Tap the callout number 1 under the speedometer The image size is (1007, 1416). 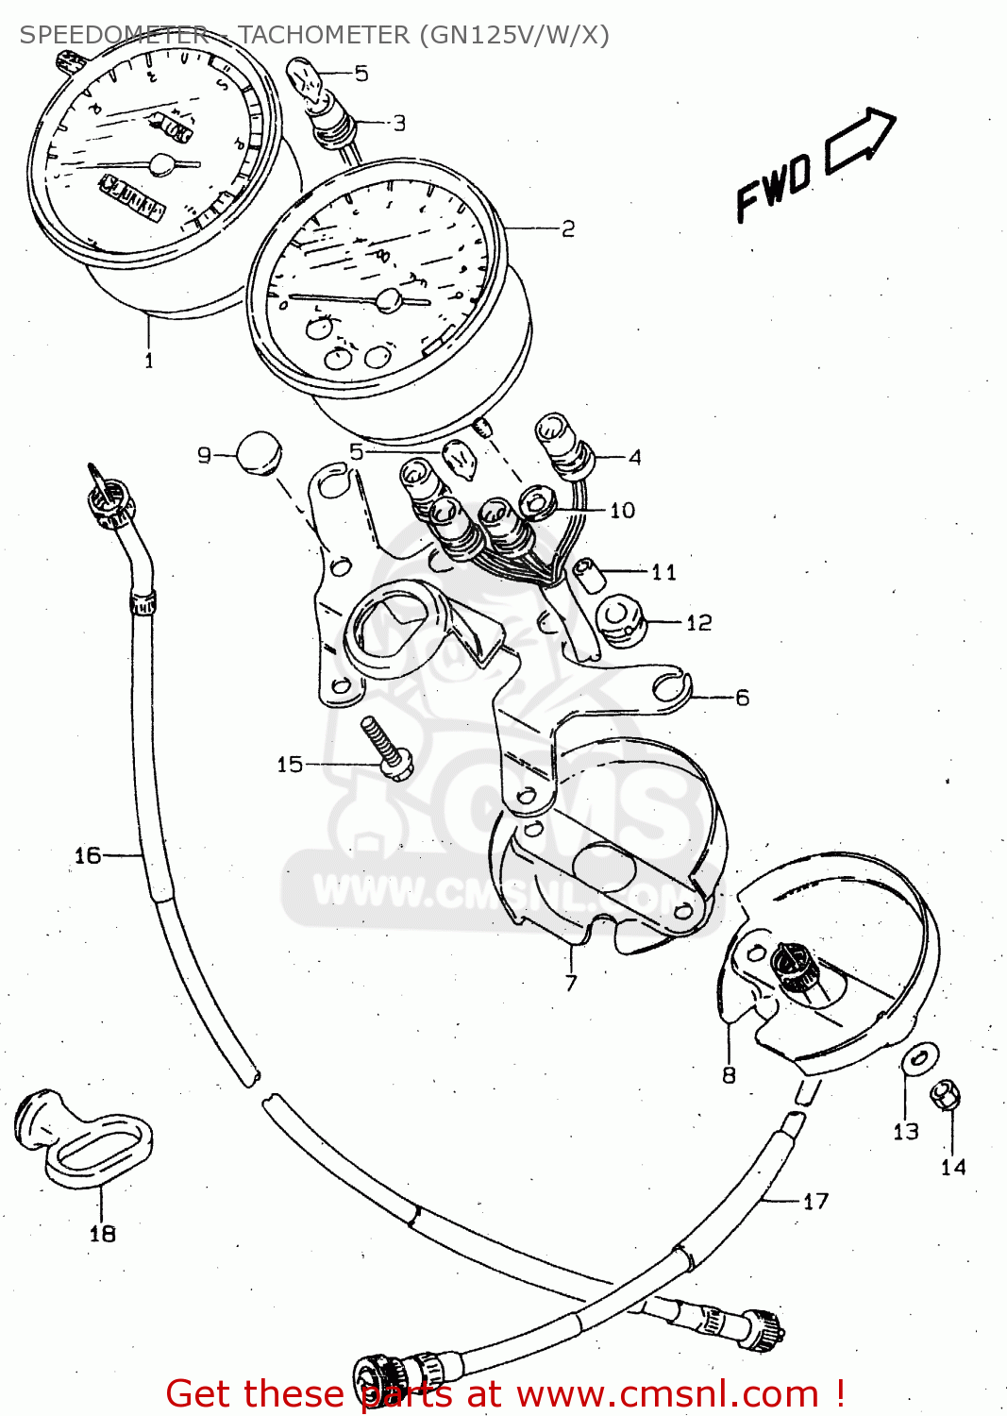(x=148, y=361)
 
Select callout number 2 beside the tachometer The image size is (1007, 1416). (x=568, y=229)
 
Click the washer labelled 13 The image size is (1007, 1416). (x=919, y=1059)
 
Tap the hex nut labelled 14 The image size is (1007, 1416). (x=945, y=1096)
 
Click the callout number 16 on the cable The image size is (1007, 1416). (x=87, y=855)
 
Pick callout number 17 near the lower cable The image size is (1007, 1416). (x=815, y=1202)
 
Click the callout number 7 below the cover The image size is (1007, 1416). (x=571, y=984)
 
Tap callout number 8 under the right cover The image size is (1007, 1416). (x=729, y=1075)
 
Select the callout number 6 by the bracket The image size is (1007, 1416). (x=743, y=698)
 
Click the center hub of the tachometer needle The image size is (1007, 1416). (x=388, y=300)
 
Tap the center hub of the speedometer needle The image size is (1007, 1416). (x=162, y=164)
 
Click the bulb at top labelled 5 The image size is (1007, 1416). (x=307, y=77)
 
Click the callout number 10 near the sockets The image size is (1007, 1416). (x=622, y=511)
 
